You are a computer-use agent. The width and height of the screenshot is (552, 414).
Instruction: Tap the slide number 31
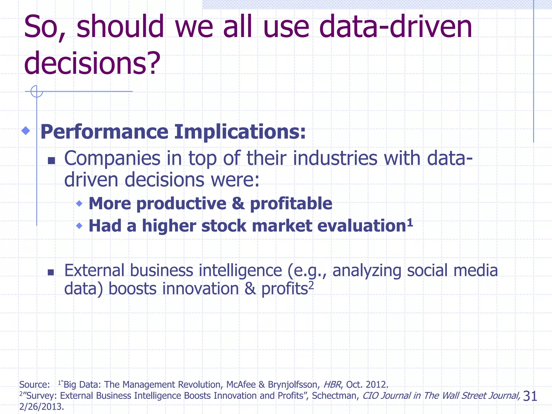[530, 396]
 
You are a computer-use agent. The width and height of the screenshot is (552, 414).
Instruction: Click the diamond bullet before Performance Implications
[26, 131]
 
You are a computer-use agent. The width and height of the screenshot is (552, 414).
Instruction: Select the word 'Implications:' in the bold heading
[240, 132]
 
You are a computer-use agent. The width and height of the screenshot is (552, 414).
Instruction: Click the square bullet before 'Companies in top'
[51, 161]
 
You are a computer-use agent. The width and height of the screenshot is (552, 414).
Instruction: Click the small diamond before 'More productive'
[79, 203]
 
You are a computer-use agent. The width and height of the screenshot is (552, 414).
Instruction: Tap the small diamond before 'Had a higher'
[79, 225]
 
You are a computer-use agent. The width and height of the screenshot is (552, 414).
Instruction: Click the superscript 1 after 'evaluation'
[410, 223]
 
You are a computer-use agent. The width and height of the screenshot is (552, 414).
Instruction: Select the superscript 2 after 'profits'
[311, 285]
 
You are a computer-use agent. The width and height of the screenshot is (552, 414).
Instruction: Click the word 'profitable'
[291, 203]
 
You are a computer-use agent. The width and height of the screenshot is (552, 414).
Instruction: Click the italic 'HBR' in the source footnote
[332, 384]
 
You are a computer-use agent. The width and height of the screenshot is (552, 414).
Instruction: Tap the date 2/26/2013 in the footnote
[42, 406]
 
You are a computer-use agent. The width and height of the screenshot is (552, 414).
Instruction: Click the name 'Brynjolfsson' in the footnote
[293, 384]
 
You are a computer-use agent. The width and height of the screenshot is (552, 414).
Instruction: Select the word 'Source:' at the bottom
[34, 384]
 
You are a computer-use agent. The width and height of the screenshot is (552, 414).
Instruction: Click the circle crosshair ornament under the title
[37, 91]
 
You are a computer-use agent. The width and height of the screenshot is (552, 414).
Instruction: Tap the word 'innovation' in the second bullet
[201, 289]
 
